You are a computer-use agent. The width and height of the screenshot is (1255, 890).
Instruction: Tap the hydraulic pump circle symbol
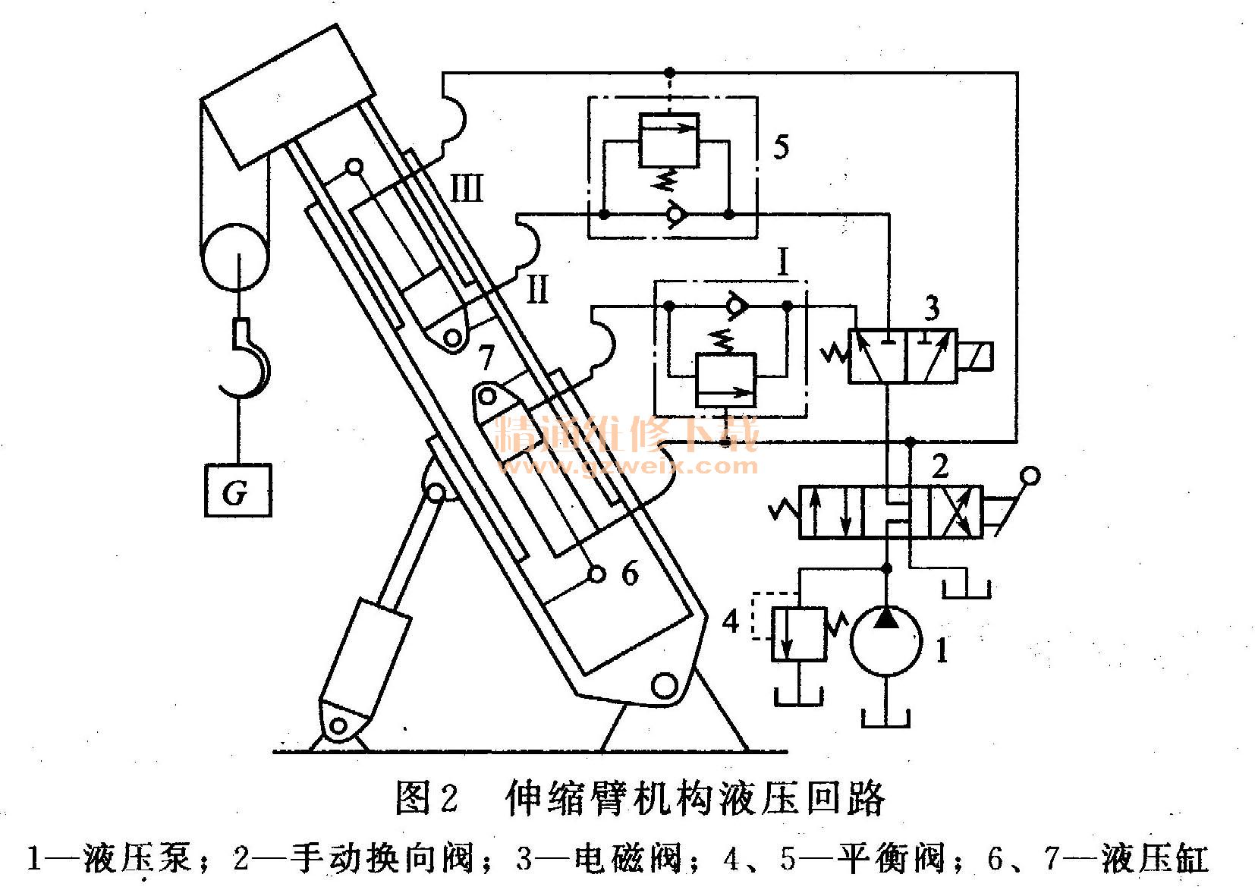click(885, 640)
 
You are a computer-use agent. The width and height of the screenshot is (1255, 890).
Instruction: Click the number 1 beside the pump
click(941, 649)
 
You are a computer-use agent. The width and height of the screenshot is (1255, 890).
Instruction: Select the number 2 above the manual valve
click(939, 466)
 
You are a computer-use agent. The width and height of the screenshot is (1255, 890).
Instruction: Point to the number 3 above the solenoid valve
click(932, 309)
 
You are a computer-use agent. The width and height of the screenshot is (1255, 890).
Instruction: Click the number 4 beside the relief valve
click(730, 622)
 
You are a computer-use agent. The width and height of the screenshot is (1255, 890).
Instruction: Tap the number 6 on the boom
click(630, 574)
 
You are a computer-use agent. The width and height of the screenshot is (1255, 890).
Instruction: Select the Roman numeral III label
click(466, 187)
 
